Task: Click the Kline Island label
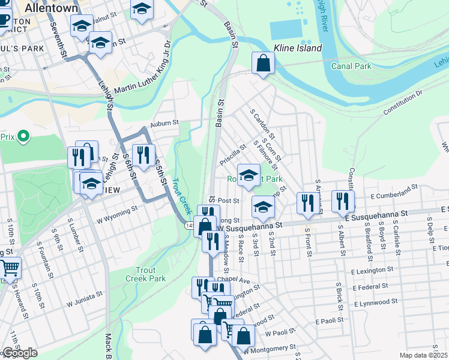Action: coord(298,48)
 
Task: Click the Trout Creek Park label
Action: coord(145,274)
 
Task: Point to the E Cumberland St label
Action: coord(394,193)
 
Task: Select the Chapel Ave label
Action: coord(234,280)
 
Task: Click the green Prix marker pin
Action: coord(23,136)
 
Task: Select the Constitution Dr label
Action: coord(403,101)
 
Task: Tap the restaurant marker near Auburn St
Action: coord(143,155)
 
